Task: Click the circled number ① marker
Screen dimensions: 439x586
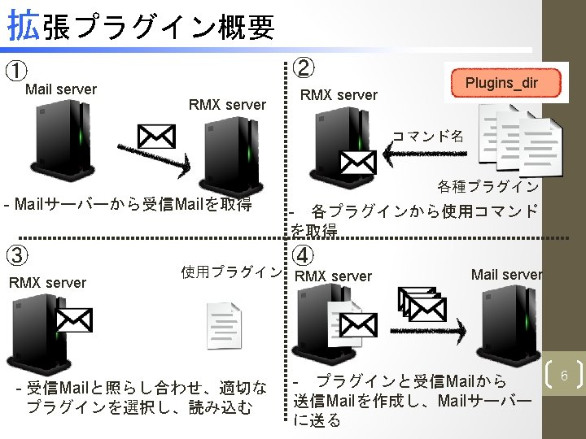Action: point(15,72)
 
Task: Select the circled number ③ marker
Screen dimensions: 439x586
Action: point(16,255)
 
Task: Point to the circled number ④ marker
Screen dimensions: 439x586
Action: point(303,254)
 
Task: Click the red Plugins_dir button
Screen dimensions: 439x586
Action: point(501,83)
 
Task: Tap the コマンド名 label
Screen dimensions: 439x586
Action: point(428,135)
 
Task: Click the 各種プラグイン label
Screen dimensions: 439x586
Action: point(487,187)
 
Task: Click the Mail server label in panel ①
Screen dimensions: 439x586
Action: point(61,89)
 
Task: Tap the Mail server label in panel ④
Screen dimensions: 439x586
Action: point(506,274)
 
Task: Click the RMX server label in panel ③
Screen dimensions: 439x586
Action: point(46,283)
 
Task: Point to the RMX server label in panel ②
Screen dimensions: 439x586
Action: point(339,95)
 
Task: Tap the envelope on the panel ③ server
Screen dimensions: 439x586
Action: point(73,320)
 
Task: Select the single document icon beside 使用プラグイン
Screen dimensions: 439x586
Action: point(224,325)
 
